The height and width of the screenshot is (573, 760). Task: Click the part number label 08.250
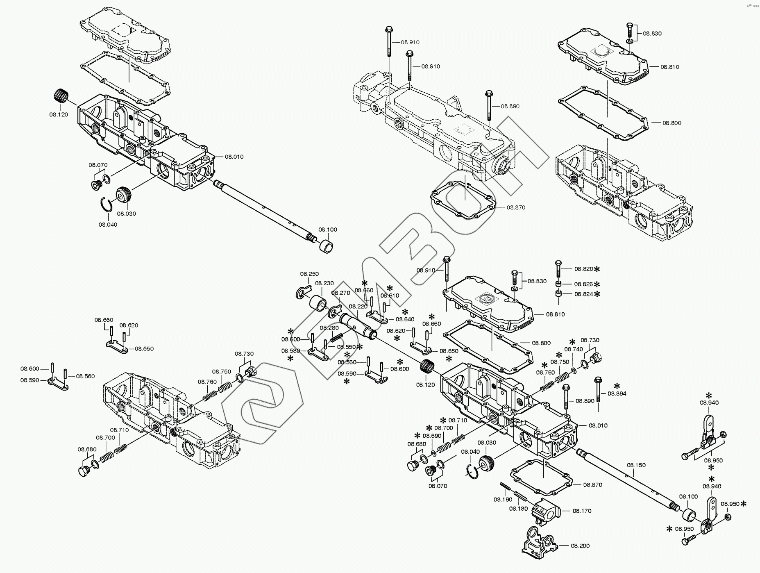click(x=309, y=274)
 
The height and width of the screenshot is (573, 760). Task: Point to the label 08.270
click(x=340, y=293)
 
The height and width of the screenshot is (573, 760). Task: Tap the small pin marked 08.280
click(x=337, y=339)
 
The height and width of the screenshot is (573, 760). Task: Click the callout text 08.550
click(x=346, y=347)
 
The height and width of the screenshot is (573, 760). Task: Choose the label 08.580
click(x=290, y=351)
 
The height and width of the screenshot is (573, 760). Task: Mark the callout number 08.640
click(x=405, y=319)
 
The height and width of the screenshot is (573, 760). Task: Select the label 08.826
click(x=583, y=284)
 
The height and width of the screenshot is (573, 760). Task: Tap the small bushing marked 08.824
click(x=558, y=293)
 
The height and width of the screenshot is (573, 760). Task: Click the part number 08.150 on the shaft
click(x=636, y=465)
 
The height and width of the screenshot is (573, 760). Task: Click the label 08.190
click(x=503, y=499)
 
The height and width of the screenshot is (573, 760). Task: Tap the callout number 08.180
click(x=518, y=509)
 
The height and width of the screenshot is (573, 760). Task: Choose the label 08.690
click(x=432, y=436)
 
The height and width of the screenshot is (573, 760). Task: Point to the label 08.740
click(x=574, y=349)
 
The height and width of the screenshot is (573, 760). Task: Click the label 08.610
click(x=390, y=296)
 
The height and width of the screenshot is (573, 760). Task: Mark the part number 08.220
click(x=358, y=306)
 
